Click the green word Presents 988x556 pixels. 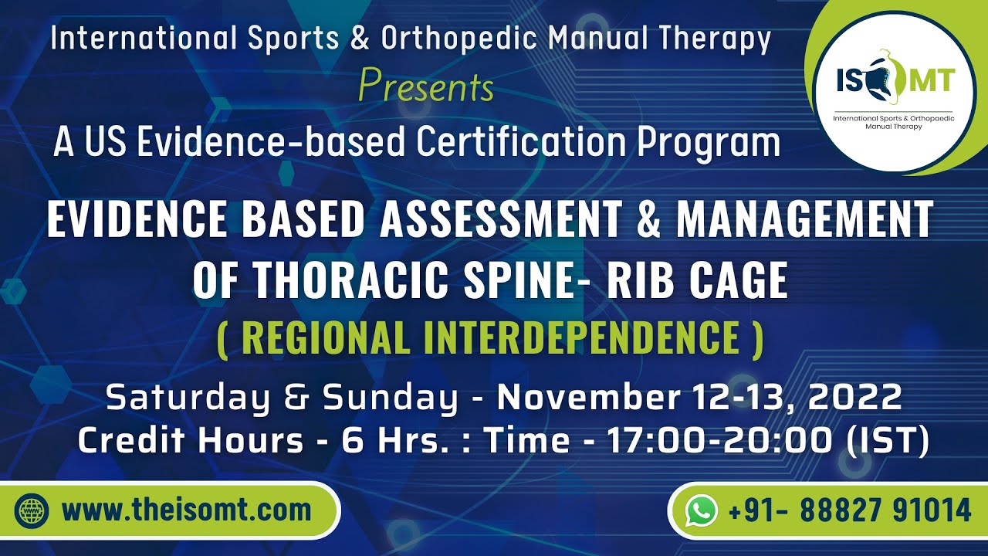tap(426, 87)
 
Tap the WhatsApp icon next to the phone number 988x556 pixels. tap(701, 510)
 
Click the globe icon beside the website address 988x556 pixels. tap(32, 510)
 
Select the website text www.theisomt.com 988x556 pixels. tap(186, 510)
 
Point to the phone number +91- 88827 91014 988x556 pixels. tap(849, 510)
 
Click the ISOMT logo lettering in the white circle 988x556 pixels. tap(895, 80)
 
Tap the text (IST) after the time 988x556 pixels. tap(888, 440)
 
